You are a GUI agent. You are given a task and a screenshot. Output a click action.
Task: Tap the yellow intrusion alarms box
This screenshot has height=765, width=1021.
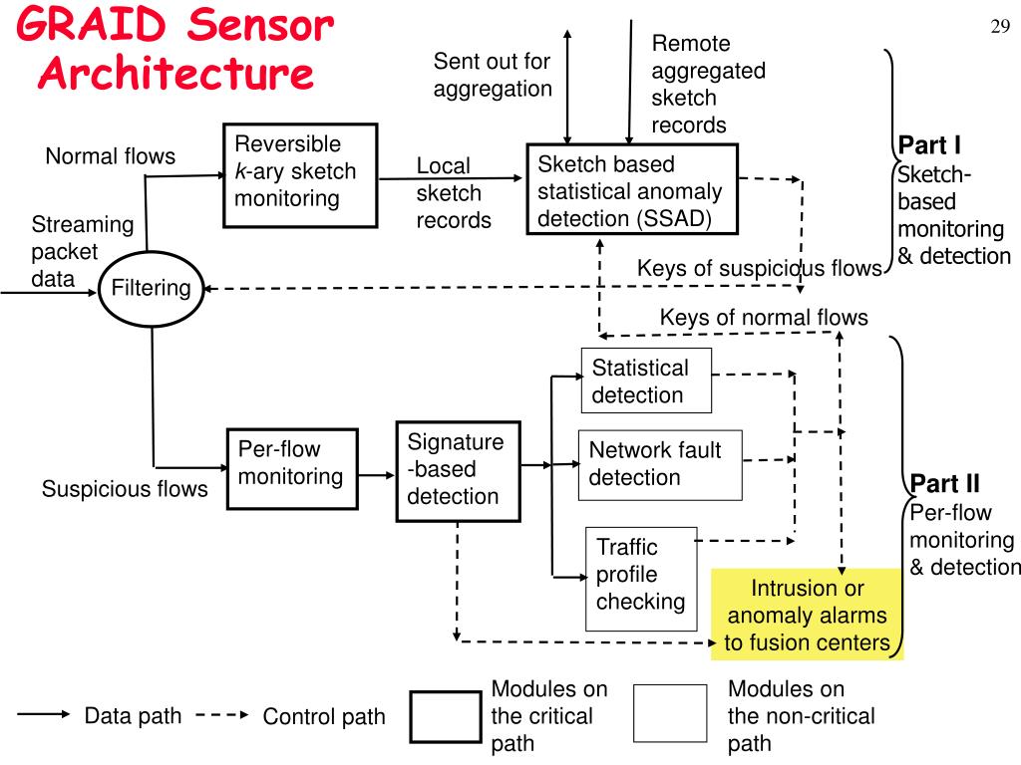(807, 615)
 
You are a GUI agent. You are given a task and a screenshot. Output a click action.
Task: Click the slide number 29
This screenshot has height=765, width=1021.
(1000, 27)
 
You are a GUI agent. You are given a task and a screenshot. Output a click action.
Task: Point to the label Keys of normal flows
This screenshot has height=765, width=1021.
(764, 318)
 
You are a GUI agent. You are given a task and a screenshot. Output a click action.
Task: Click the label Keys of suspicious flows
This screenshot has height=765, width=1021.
(759, 268)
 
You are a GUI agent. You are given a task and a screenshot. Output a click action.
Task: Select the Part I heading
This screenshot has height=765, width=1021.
(929, 145)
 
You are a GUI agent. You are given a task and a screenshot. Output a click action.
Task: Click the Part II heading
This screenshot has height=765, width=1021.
(945, 484)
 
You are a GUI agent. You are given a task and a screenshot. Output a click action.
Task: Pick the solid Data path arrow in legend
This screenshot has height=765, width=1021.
(44, 714)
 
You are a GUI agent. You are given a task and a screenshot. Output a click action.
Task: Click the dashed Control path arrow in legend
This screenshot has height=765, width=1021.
(222, 715)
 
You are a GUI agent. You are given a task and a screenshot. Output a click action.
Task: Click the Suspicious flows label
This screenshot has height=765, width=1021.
(125, 488)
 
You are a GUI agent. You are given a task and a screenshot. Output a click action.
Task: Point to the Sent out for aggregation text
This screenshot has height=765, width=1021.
(493, 75)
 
